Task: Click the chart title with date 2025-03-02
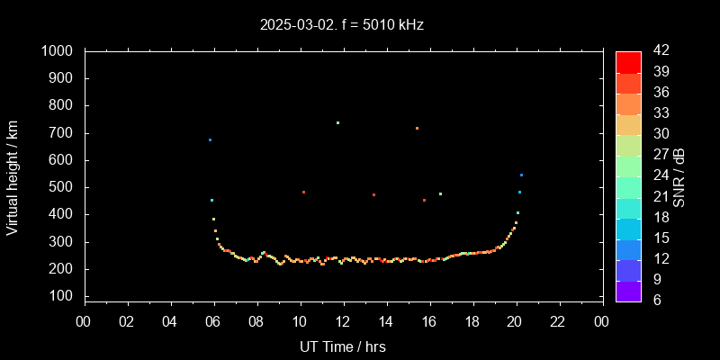342,25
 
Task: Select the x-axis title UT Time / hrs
342,346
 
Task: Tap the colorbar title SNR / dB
679,176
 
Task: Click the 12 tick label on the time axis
343,321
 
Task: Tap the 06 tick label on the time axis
213,321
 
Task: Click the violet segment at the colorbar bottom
628,291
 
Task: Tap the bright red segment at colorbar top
628,61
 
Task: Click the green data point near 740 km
337,122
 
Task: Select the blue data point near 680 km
210,139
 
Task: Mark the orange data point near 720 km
417,128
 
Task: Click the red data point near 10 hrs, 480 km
303,192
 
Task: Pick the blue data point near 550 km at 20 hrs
521,175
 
